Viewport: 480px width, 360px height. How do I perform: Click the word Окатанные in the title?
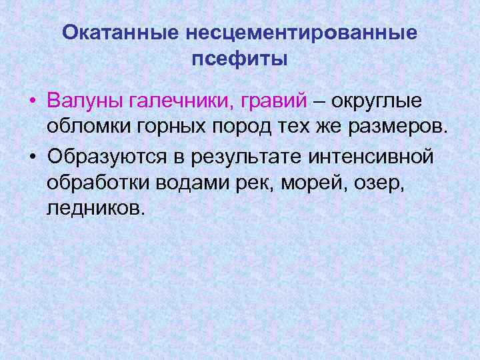119,32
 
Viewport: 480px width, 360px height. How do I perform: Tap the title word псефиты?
240,59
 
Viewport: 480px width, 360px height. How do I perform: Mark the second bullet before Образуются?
32,157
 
